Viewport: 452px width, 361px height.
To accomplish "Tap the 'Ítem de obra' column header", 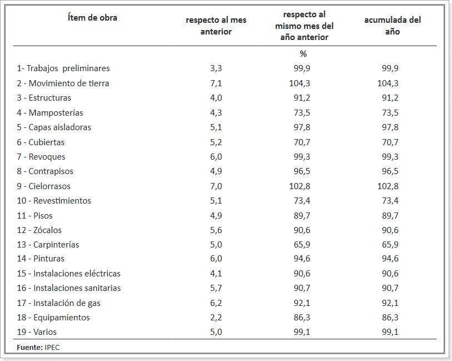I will click(92, 18).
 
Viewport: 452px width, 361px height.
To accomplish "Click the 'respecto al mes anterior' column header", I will click(216, 26).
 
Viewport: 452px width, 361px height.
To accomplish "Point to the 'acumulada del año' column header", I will click(393, 26).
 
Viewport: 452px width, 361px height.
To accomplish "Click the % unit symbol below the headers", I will click(303, 54).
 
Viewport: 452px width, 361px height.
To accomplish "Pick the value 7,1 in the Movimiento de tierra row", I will click(216, 83).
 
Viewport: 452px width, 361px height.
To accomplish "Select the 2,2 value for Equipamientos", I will click(216, 318).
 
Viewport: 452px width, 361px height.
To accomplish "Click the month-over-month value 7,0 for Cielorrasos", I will click(216, 186).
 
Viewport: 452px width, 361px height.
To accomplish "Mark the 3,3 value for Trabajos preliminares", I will click(216, 68).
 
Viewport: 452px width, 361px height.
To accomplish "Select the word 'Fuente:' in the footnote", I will click(29, 347).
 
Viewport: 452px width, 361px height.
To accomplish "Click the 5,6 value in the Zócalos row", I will click(216, 230).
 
